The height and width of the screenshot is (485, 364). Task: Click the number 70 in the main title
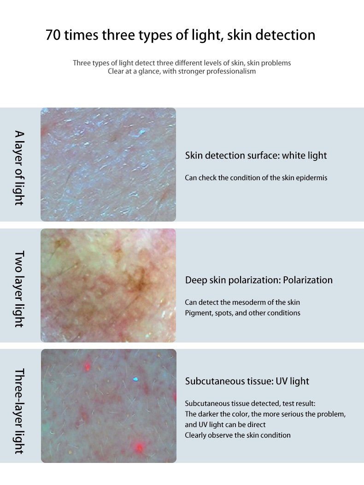[53, 35]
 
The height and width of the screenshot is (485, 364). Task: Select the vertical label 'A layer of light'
[19, 168]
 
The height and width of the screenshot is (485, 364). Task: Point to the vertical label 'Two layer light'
[19, 289]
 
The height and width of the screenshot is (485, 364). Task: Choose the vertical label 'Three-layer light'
[19, 411]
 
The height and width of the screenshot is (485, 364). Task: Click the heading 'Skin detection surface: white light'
[256, 155]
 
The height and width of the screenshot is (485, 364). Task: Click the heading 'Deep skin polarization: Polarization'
[258, 280]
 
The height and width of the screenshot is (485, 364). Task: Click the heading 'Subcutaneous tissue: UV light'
[247, 381]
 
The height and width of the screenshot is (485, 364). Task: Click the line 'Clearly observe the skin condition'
[238, 435]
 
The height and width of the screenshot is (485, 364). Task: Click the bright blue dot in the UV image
[135, 379]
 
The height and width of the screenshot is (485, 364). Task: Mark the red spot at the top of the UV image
[87, 367]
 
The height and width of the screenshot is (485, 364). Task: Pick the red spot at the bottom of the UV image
[139, 447]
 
